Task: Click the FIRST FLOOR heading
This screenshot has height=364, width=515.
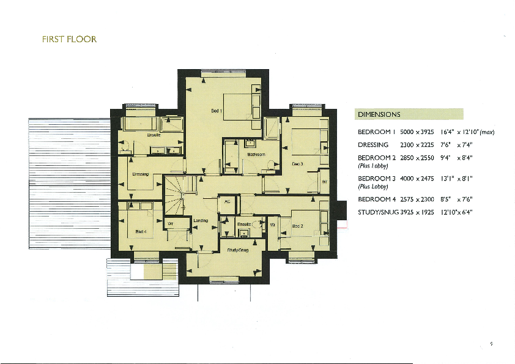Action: click(69, 40)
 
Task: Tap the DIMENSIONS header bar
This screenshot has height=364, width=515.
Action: click(409, 114)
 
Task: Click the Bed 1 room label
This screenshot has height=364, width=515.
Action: click(216, 111)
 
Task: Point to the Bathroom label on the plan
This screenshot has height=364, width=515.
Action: click(256, 155)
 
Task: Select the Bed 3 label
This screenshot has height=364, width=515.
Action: click(297, 164)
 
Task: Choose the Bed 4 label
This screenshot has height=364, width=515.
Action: click(141, 231)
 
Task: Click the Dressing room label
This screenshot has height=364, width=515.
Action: click(141, 174)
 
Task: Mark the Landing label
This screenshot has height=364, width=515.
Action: click(201, 220)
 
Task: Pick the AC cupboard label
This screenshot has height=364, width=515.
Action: click(227, 201)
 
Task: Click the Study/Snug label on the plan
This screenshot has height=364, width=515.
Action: click(237, 250)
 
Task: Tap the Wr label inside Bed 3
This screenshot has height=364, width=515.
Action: click(325, 182)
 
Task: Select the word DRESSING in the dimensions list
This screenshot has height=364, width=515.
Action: click(372, 145)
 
